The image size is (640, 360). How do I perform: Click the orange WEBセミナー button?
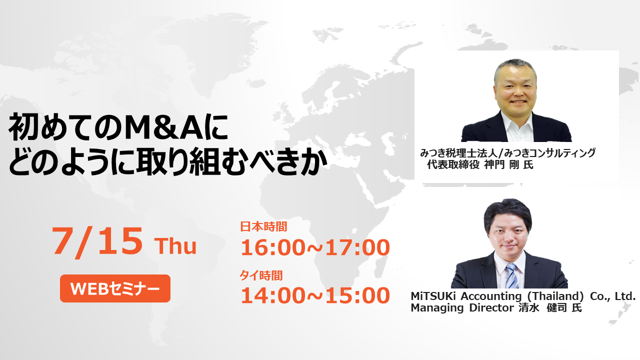pos(115,288)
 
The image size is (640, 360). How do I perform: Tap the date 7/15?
pos(97,241)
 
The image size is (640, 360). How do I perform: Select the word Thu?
pos(175,246)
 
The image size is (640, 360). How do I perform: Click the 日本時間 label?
pos(263,226)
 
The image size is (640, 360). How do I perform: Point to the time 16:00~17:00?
pos(315,247)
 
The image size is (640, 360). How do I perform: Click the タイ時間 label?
pos(261,275)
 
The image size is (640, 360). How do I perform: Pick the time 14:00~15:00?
pos(315,295)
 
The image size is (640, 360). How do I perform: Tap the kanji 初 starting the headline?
pos(24,127)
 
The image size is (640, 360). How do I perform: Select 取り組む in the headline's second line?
pos(190,161)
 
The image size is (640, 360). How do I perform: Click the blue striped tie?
pos(512,275)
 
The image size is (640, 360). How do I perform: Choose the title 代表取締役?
pos(453,165)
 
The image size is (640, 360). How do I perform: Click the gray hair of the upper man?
pos(515,67)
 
